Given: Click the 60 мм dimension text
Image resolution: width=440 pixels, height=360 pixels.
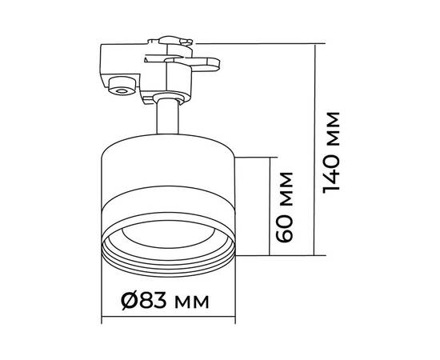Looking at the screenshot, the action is pos(284,207).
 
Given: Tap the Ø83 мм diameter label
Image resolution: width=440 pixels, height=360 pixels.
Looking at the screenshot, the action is pos(165,301).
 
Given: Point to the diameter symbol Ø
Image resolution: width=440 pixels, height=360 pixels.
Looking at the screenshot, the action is pos(130,301).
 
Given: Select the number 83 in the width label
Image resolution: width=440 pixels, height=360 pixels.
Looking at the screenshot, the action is pos(153,301).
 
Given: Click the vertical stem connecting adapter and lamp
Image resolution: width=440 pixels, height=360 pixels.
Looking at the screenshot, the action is pos(167,116).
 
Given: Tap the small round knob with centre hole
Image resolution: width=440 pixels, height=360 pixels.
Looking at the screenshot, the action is pos(122,86).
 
